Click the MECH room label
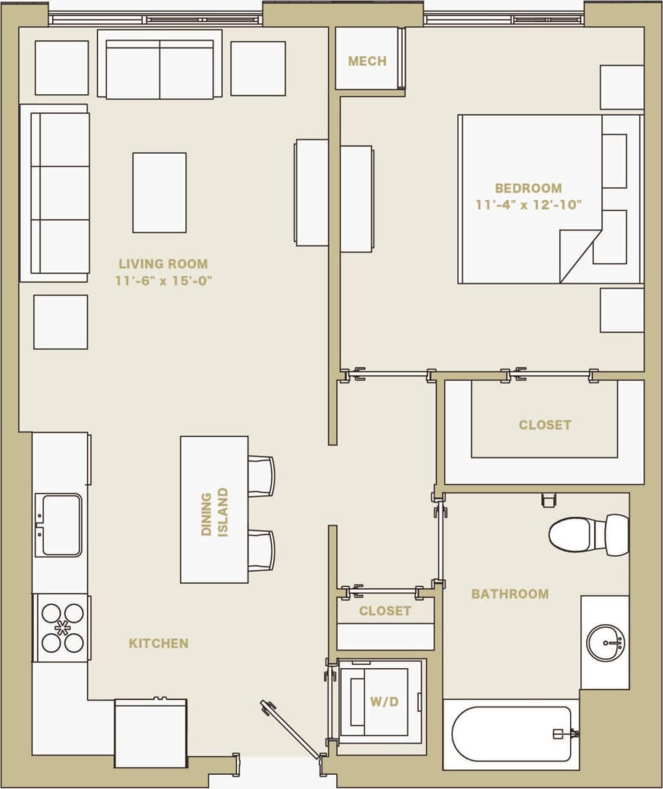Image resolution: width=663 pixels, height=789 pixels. (367, 61)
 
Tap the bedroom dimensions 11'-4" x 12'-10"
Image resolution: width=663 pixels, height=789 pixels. (528, 205)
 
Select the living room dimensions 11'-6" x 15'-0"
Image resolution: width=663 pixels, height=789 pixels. (163, 281)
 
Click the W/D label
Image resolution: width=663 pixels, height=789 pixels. (384, 701)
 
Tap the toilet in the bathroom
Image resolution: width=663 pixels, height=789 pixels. (588, 534)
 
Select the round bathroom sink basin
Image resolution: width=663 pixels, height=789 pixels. (605, 643)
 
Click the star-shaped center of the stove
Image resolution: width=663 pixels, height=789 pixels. (63, 628)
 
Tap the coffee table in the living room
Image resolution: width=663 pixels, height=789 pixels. (159, 192)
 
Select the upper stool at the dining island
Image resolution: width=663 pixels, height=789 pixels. (261, 475)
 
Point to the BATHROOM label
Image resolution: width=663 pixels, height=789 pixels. (510, 594)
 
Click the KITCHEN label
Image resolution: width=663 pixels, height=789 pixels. (158, 644)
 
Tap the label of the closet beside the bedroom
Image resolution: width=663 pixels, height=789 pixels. (544, 425)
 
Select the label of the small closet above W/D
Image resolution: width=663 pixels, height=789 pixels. (384, 611)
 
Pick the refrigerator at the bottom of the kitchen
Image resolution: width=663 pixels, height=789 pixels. (151, 733)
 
